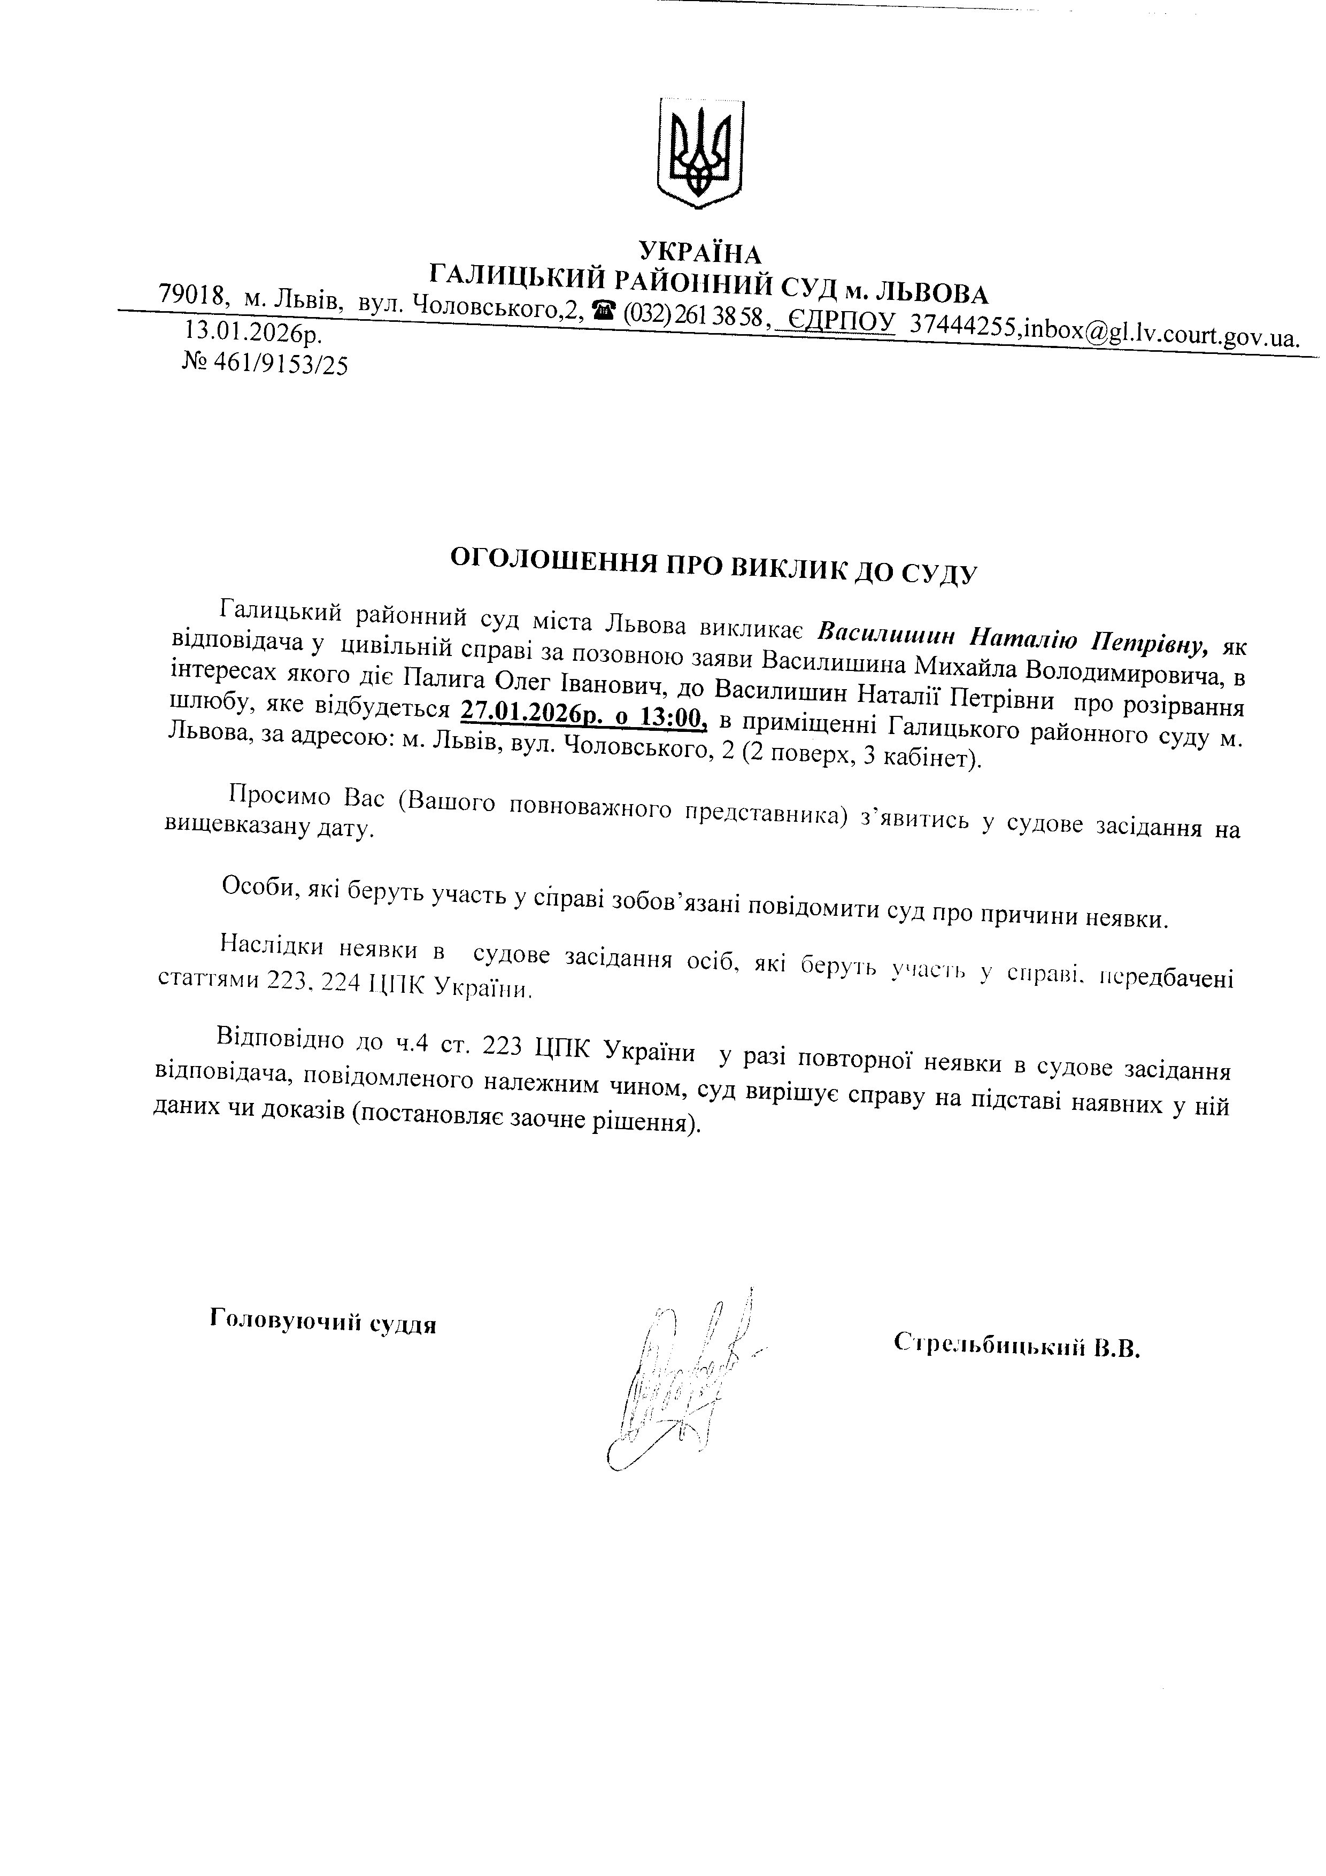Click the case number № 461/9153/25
click(x=265, y=365)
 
